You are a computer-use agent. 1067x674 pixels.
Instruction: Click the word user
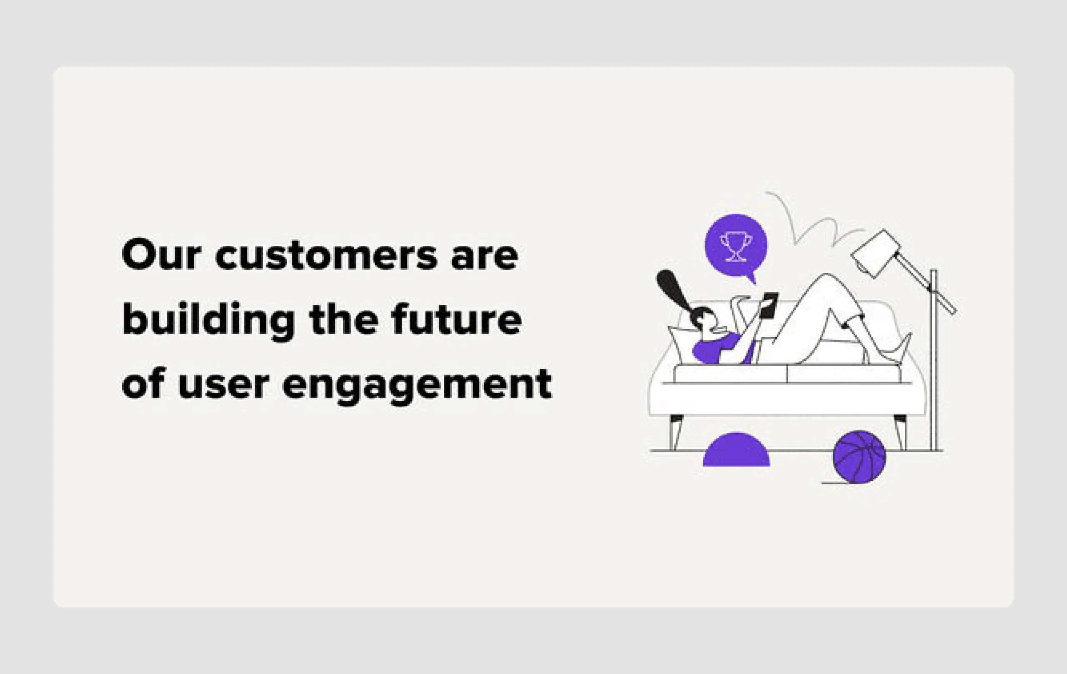223,384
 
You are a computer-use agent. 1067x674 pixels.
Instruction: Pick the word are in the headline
484,257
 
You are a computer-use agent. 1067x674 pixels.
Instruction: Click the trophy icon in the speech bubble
736,247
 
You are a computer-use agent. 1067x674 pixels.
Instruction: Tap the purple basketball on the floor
859,457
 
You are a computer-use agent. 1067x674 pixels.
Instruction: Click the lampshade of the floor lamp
876,254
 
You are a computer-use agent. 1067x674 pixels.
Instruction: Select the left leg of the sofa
676,431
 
